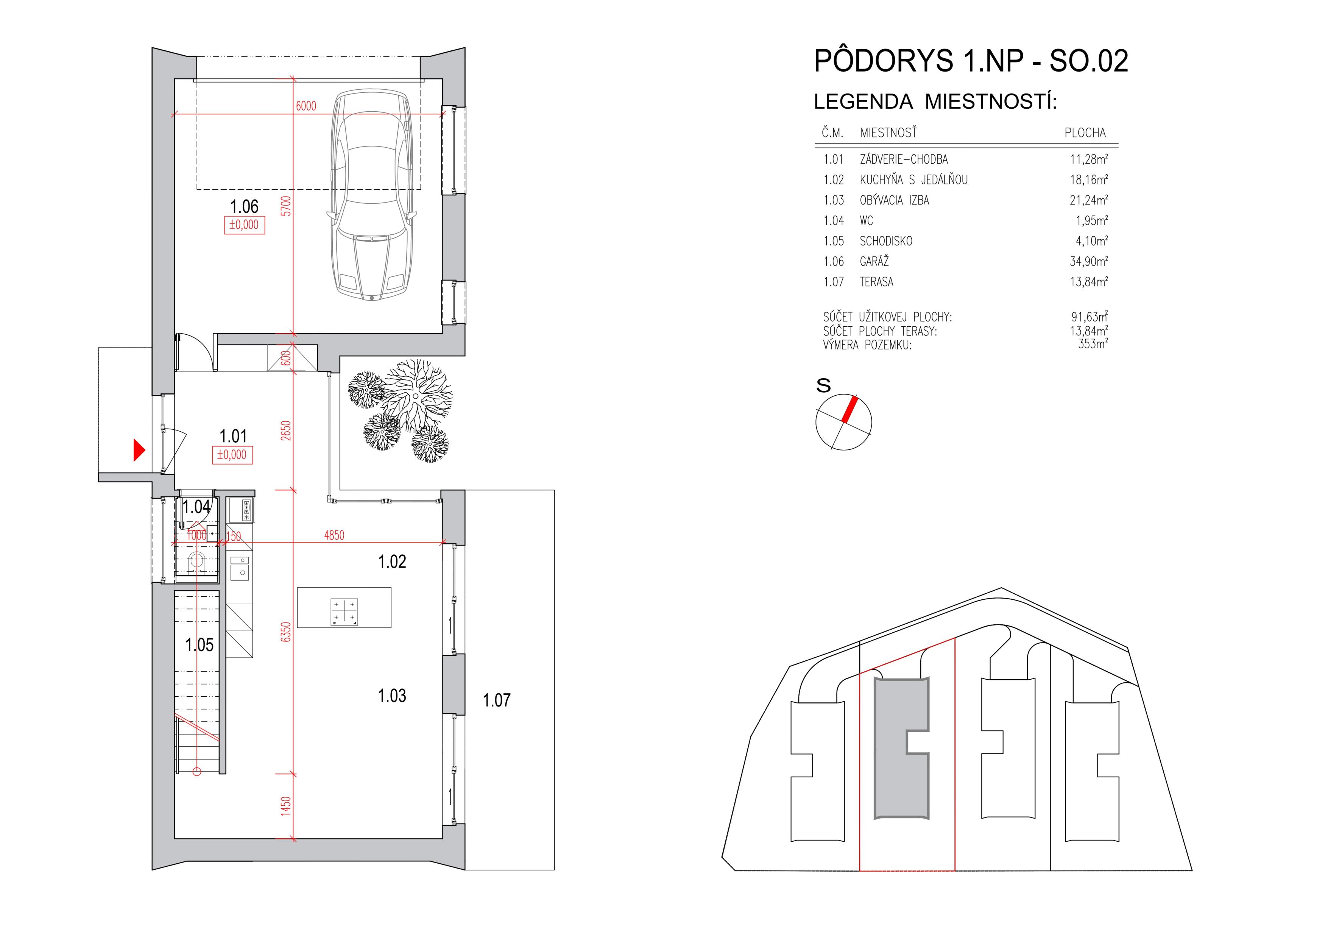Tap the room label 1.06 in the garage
(x=244, y=207)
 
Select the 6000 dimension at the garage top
(x=306, y=106)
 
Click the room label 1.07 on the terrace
(x=497, y=700)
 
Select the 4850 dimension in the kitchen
(x=334, y=535)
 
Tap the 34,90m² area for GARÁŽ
(x=1088, y=262)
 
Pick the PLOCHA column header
(x=1085, y=133)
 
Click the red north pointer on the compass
(x=849, y=410)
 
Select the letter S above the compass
(x=823, y=385)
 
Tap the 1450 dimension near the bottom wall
(x=285, y=806)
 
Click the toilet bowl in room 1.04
(x=196, y=560)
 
